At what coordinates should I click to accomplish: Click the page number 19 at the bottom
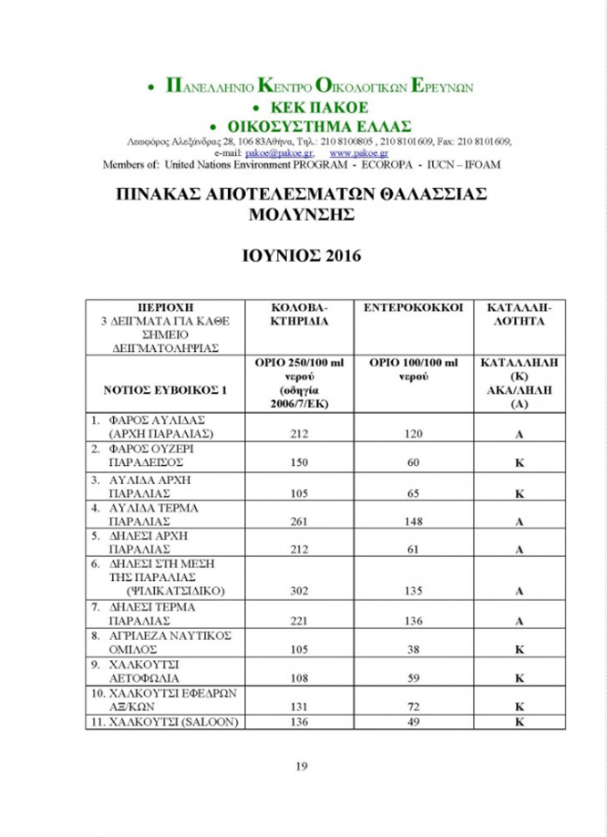302,765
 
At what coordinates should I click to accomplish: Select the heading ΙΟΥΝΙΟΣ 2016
302,256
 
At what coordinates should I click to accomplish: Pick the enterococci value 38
411,651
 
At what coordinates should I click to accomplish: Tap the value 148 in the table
411,522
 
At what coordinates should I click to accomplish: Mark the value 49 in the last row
411,723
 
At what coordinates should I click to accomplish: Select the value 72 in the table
411,707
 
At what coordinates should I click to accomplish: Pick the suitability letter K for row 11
518,723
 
